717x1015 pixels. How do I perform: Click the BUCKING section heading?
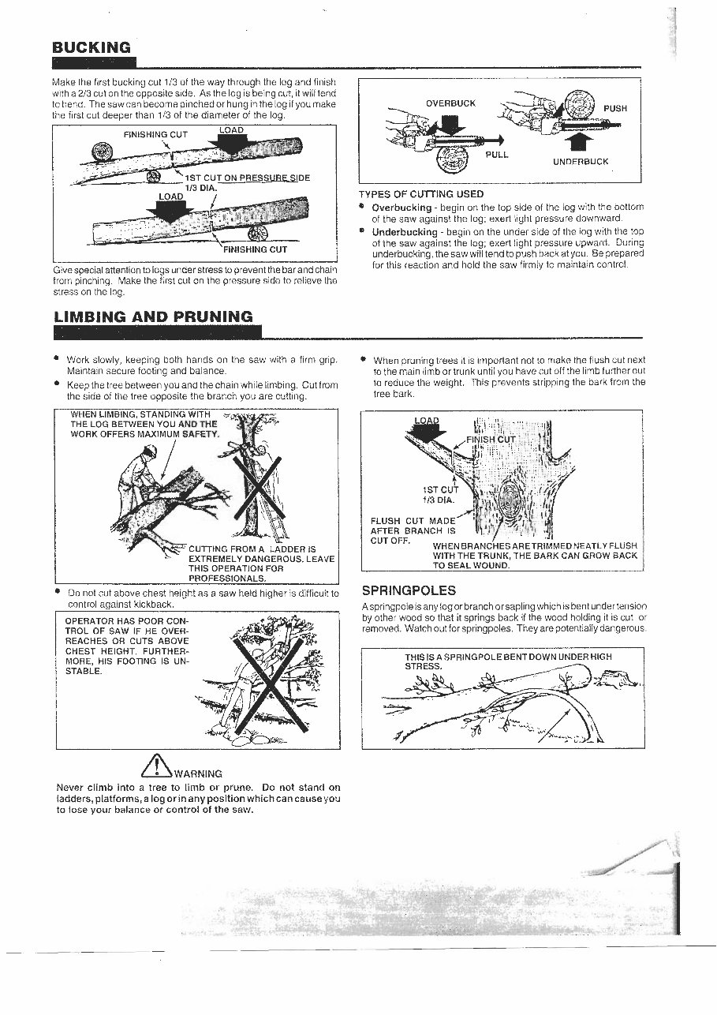click(x=91, y=47)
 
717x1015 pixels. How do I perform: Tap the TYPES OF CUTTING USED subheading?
click(x=421, y=194)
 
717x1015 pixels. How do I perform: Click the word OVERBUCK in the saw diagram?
click(x=450, y=103)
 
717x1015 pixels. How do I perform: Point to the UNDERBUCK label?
click(x=581, y=162)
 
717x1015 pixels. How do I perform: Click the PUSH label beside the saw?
click(x=615, y=109)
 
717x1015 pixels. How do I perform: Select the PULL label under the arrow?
click(x=497, y=155)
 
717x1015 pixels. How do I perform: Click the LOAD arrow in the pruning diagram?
click(x=427, y=429)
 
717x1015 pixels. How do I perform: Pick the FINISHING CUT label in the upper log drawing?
click(x=155, y=134)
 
